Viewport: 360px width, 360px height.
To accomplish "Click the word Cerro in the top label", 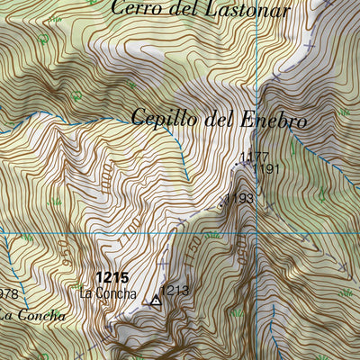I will coord(135,10).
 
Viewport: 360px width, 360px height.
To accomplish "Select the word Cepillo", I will coord(160,118).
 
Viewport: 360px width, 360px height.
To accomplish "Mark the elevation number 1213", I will coord(175,290).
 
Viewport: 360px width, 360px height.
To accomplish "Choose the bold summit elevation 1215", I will coord(111,279).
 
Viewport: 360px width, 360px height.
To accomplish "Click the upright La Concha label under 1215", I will coord(108,293).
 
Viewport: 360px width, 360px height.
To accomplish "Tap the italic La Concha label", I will coord(32,315).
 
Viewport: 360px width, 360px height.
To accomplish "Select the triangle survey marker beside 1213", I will coord(156,301).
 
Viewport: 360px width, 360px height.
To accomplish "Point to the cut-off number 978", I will coord(8,294).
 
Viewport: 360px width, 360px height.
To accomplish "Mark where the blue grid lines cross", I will coord(256,232).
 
